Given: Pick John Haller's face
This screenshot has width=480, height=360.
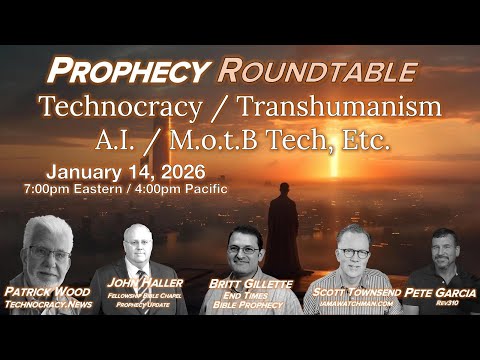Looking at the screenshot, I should pos(139,246).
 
